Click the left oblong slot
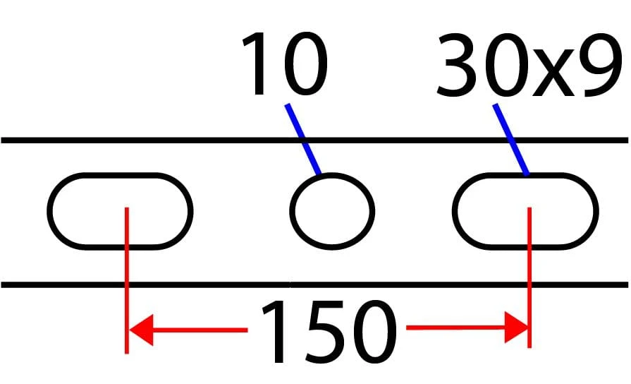120,174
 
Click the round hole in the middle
332,174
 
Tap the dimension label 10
285,64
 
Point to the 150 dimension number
329,332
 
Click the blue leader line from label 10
302,139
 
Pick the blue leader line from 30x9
510,140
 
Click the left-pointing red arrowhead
141,330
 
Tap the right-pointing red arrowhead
516,328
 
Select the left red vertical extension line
127,280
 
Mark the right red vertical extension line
529,277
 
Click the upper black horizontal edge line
314,140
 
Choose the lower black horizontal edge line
314,285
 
